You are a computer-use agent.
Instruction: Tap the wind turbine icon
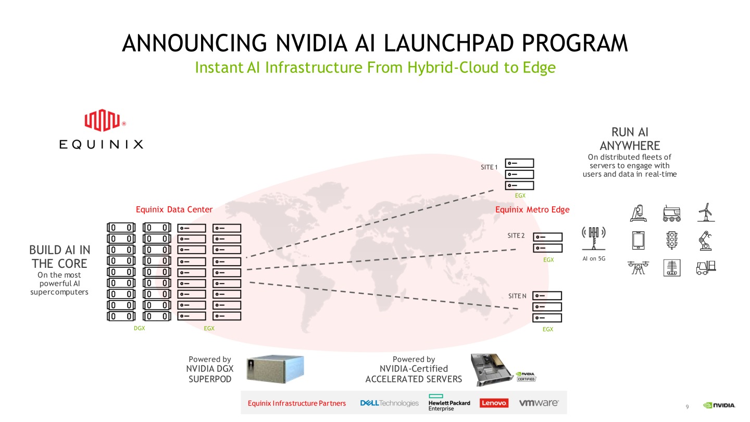click(x=706, y=212)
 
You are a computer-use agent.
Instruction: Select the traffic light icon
click(x=671, y=240)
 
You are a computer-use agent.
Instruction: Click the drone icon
click(x=637, y=267)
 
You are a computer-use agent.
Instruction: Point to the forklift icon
click(x=706, y=267)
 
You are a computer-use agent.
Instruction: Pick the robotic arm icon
click(x=706, y=240)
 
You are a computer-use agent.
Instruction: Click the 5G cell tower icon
click(x=593, y=238)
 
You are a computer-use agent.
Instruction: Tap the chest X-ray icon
click(x=671, y=267)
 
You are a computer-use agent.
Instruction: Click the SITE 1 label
click(x=489, y=167)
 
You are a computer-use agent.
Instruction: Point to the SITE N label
click(x=517, y=296)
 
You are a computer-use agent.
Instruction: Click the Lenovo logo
click(x=494, y=403)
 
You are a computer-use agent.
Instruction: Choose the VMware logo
click(x=539, y=403)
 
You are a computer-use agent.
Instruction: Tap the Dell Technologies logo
click(x=389, y=403)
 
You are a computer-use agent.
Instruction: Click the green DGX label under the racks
click(x=140, y=329)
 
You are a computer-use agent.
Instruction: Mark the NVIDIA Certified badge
click(x=526, y=377)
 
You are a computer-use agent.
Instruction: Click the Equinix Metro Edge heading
click(x=532, y=209)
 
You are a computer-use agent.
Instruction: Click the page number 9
click(x=687, y=406)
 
